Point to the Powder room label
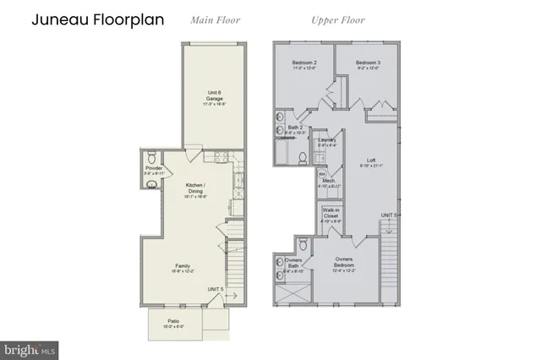[154, 170]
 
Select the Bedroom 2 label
[304, 65]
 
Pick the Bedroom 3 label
[368, 65]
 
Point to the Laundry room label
[327, 141]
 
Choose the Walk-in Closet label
[331, 216]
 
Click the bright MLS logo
[30, 347]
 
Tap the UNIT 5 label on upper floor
[389, 215]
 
